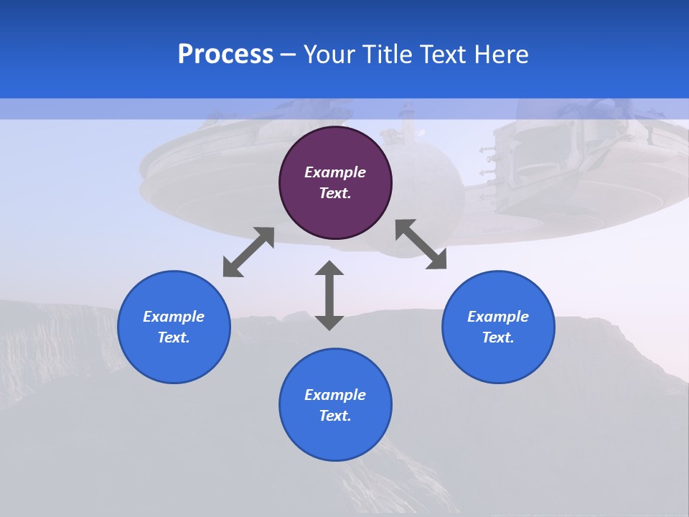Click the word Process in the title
pos(225,55)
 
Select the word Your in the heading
pos(329,55)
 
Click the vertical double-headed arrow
pos(329,295)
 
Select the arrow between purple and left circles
pos(248,252)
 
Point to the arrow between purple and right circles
pos(421,245)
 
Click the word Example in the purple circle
pos(335,172)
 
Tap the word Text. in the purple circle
pos(335,193)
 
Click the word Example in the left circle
pos(174,317)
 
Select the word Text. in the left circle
pos(174,337)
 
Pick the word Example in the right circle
pos(498,317)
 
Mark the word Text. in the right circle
pos(498,337)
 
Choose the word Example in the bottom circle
pos(335,395)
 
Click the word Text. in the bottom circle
pos(335,416)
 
